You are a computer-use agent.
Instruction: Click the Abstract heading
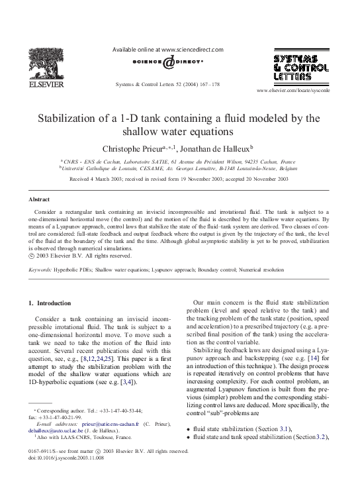[39, 199]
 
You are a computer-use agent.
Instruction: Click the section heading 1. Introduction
[50, 303]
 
